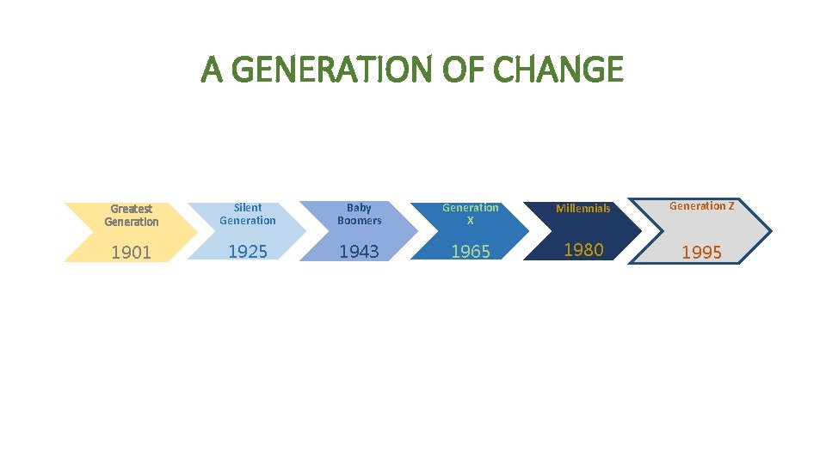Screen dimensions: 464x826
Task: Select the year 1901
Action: point(132,253)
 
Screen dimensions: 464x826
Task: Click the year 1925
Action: point(248,251)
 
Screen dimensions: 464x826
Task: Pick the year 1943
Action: point(359,251)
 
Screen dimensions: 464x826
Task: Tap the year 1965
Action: point(471,252)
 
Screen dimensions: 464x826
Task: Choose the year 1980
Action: point(583,250)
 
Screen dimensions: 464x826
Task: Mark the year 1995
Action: point(702,253)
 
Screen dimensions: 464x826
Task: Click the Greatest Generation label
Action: point(132,215)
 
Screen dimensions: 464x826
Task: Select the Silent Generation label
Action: point(248,214)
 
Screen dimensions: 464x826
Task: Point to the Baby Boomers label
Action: point(359,214)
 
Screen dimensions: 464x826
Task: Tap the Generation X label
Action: point(471,214)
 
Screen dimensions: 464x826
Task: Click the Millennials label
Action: point(583,208)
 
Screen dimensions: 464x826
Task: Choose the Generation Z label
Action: point(702,206)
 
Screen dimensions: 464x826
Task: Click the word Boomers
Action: point(359,221)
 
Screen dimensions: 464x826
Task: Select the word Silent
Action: point(248,207)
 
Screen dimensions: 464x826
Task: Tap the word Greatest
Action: point(132,209)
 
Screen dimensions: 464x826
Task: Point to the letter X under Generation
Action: point(471,221)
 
